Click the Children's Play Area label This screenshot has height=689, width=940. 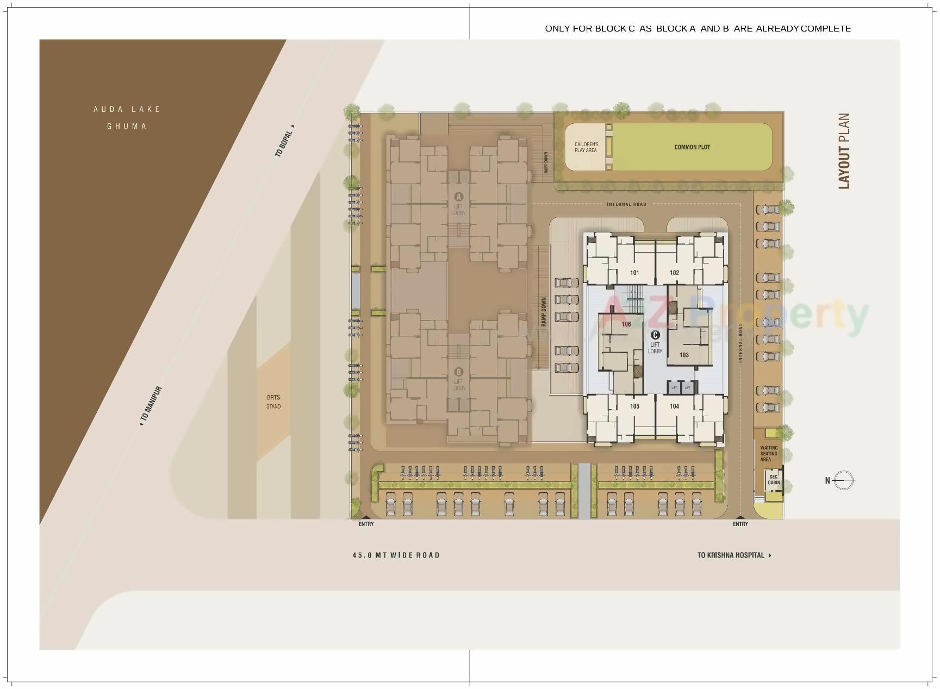click(586, 147)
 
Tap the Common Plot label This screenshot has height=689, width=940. click(692, 147)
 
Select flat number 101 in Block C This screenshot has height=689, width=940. click(634, 273)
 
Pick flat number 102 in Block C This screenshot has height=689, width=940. click(674, 273)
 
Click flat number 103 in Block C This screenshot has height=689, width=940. click(684, 355)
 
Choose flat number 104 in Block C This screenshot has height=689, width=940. click(674, 406)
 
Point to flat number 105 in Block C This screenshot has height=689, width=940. click(634, 406)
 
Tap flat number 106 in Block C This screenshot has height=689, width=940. click(626, 324)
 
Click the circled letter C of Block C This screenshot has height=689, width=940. click(655, 335)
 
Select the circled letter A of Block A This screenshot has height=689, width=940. click(458, 197)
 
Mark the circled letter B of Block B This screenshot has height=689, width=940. click(458, 372)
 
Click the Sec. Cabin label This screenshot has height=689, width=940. click(774, 480)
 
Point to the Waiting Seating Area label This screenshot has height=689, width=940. click(768, 454)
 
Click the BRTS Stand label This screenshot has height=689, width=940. click(273, 402)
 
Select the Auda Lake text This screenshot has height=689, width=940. click(127, 109)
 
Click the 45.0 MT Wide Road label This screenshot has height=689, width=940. click(396, 555)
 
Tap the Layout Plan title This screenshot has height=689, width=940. click(844, 151)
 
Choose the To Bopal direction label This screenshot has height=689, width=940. click(284, 142)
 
